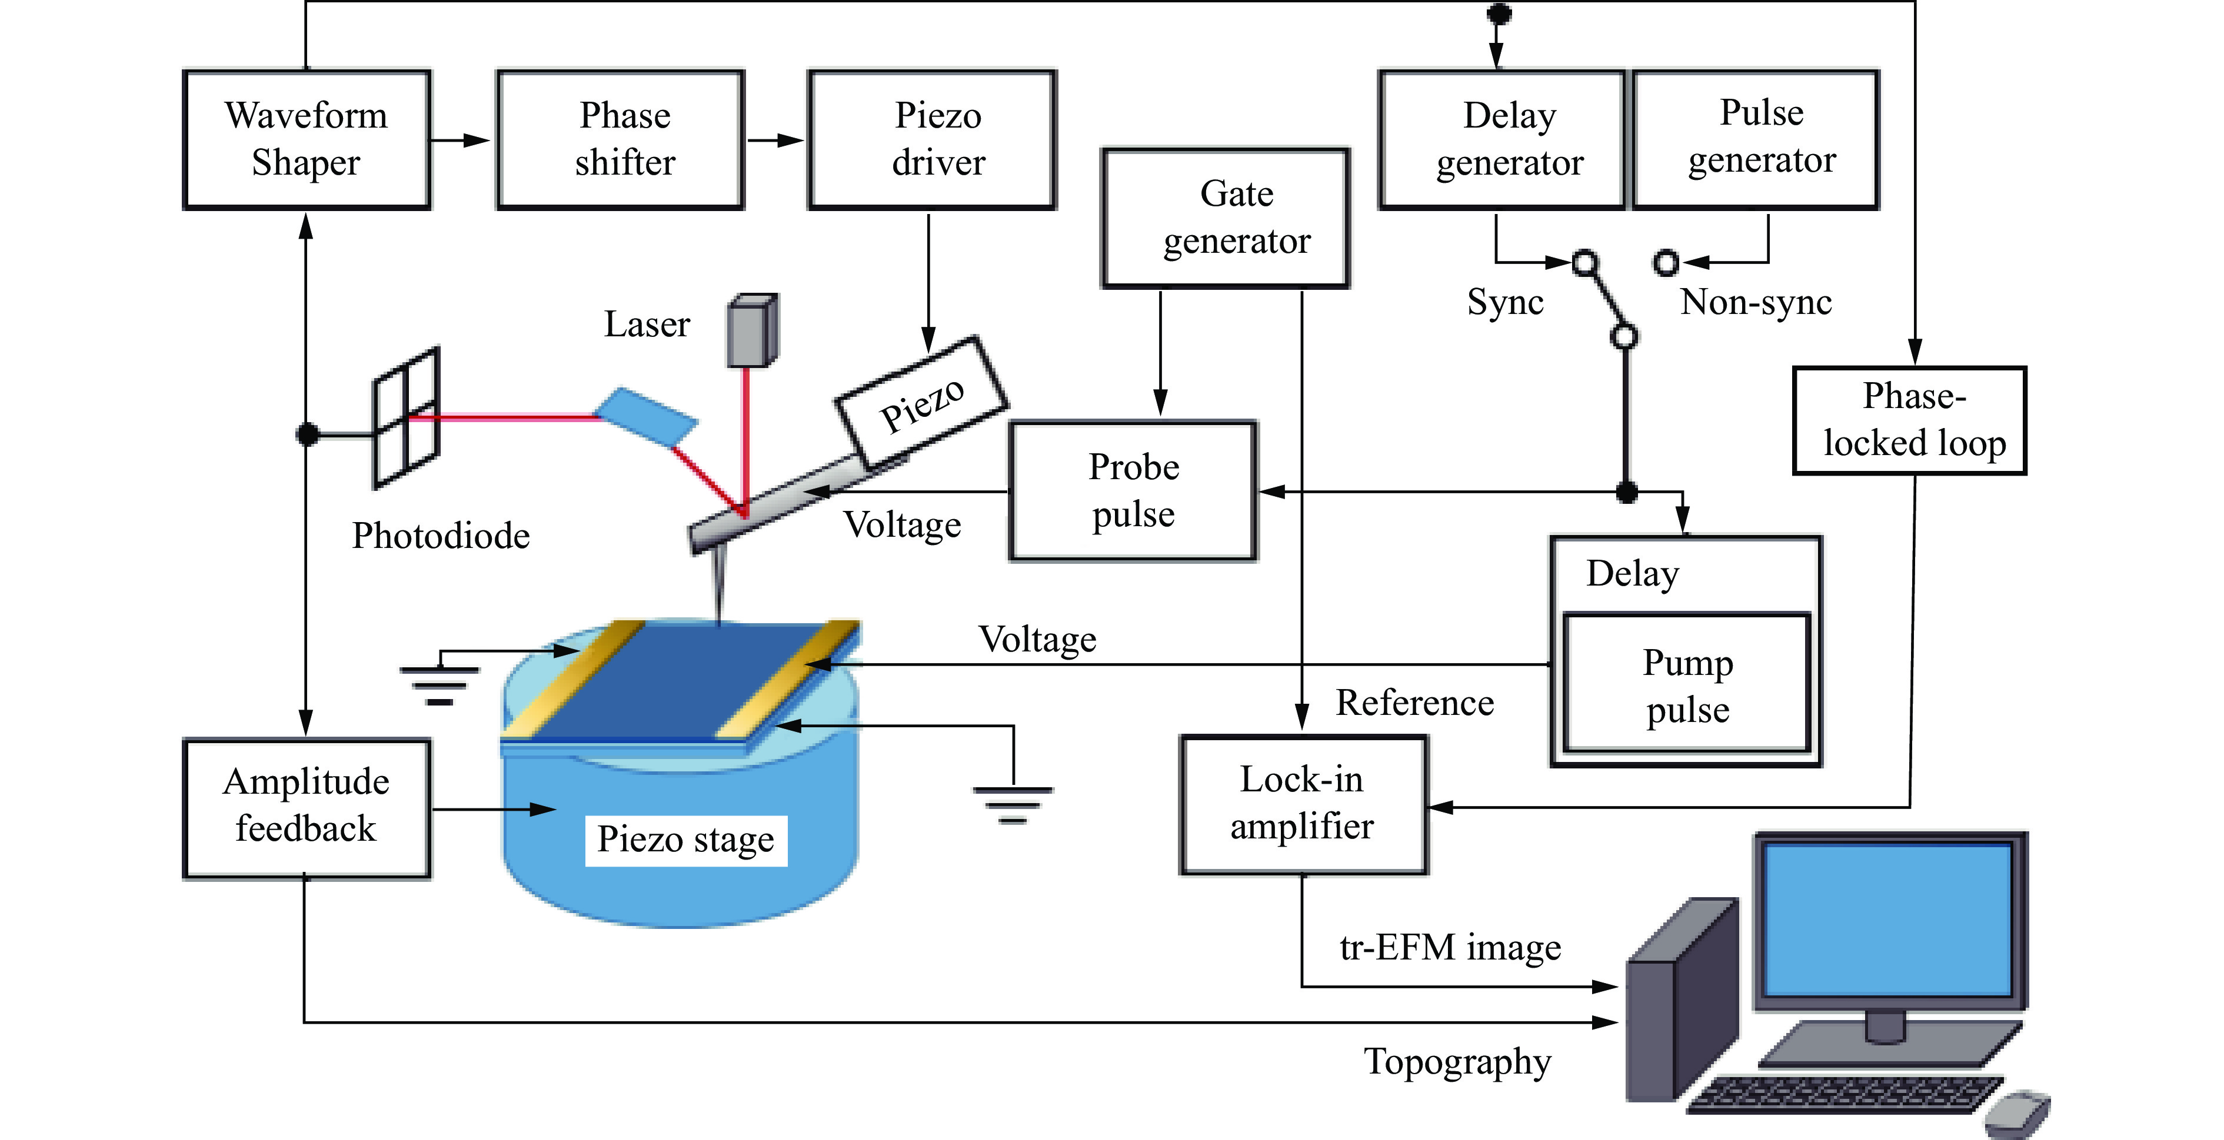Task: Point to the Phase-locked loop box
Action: click(x=1910, y=420)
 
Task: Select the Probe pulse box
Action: click(x=1133, y=490)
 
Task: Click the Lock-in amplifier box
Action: click(x=1304, y=804)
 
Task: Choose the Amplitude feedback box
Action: click(x=307, y=808)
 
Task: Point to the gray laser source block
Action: click(x=753, y=330)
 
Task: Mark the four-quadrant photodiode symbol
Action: click(x=406, y=417)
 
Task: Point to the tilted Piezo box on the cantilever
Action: click(x=920, y=402)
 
